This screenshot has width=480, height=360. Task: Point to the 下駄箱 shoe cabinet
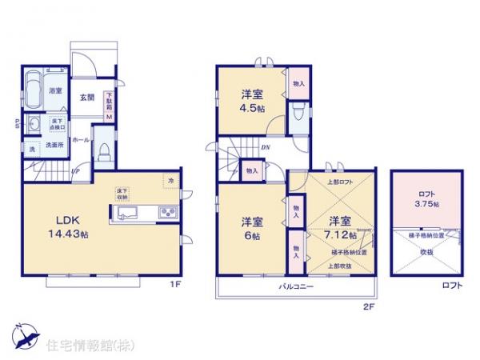[x=110, y=106]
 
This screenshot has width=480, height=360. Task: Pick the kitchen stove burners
[x=170, y=212]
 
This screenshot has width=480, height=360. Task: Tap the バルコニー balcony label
[x=295, y=286]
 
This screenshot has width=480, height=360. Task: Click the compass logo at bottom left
[x=24, y=336]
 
